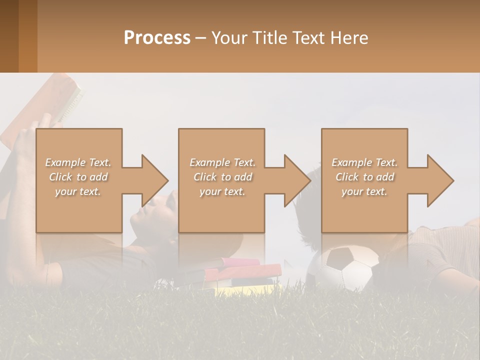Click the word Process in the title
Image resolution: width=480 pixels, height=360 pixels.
(157, 37)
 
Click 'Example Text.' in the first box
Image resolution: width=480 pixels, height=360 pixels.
(78, 162)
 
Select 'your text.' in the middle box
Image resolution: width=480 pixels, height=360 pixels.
(222, 191)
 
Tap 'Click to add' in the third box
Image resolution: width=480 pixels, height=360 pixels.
(364, 177)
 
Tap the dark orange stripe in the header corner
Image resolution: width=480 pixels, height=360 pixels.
(27, 36)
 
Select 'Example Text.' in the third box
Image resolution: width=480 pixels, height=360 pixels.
(364, 162)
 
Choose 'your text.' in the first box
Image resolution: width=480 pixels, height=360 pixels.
(78, 191)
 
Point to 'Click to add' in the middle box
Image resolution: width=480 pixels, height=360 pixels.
(222, 177)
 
